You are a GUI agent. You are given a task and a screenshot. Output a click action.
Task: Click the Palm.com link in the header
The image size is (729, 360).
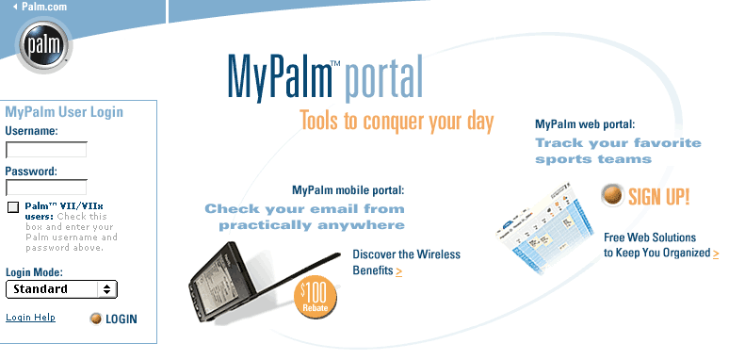pos(40,7)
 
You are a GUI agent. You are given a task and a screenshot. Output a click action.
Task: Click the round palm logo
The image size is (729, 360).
pos(43,45)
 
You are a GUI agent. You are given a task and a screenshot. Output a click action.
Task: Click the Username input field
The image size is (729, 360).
pos(46,150)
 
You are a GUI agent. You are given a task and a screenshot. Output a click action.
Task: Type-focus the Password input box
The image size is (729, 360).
pos(46,188)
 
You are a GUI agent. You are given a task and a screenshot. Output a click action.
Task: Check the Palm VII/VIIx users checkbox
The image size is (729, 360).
pos(13,207)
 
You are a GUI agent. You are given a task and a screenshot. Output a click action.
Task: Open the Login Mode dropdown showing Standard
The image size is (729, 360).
pos(61,289)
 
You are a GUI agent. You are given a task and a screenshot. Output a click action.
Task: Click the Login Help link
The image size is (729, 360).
pos(31,318)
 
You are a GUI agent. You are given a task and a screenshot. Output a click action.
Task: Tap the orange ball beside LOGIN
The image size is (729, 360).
pos(96,319)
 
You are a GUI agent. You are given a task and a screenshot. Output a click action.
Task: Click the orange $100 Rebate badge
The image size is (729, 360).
pos(316,297)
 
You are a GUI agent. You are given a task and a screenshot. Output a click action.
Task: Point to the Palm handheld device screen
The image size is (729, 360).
pos(218,282)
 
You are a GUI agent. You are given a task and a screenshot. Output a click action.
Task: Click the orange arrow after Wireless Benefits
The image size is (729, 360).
pos(399,271)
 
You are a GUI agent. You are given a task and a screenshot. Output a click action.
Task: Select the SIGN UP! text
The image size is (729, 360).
pos(658,197)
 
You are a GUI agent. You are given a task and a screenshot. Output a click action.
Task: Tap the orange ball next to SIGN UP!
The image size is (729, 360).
pos(612,195)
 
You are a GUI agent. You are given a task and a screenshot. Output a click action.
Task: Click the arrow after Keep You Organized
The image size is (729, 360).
pos(716,254)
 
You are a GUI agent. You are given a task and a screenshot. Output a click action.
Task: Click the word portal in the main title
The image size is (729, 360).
pos(383,80)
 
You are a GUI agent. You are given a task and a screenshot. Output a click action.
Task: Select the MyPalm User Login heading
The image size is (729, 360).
pos(64,112)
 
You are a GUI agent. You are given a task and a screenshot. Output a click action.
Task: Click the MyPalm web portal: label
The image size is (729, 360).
pos(585,124)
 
